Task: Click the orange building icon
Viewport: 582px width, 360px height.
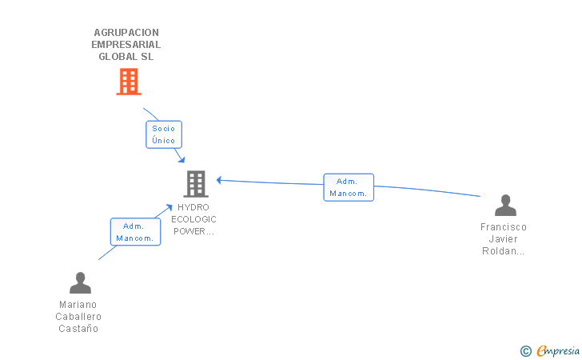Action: (128, 82)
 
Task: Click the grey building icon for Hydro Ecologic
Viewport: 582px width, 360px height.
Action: (195, 184)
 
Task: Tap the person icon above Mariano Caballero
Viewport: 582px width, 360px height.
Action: (80, 283)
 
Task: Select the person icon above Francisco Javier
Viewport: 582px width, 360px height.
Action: (504, 206)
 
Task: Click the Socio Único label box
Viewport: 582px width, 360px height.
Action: (163, 134)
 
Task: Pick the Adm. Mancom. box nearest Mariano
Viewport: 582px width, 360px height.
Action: (134, 232)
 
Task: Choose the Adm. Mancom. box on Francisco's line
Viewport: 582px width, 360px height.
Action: (348, 187)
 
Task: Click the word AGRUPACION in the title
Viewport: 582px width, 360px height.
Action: (126, 33)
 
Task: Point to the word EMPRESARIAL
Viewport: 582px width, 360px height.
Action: (126, 45)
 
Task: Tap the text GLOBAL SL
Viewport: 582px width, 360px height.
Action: (126, 57)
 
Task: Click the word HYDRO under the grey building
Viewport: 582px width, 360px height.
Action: (193, 207)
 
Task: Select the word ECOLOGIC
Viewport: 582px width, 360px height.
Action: (193, 219)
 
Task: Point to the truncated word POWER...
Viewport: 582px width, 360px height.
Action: (193, 231)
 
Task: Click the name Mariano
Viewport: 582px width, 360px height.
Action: (78, 305)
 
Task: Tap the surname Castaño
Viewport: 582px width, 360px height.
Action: (78, 329)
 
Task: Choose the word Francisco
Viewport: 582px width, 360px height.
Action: (504, 227)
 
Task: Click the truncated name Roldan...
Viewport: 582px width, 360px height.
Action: (504, 251)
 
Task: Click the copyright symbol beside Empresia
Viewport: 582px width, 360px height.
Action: (525, 350)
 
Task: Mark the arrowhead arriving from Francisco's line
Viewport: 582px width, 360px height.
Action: (219, 180)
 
